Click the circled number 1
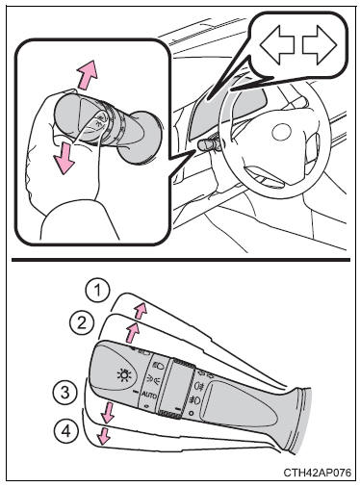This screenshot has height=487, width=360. [98, 292]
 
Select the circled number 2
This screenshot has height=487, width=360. [82, 322]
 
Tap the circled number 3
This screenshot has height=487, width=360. [65, 392]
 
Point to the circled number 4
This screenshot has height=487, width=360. [66, 431]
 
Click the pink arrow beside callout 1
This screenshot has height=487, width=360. [141, 310]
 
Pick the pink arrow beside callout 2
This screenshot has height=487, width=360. [132, 332]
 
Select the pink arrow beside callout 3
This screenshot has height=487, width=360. [107, 412]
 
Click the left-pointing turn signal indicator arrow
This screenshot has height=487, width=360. [277, 44]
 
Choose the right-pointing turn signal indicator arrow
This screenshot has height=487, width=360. [320, 45]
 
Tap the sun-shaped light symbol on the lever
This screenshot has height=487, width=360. [124, 375]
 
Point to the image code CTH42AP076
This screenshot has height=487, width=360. [318, 473]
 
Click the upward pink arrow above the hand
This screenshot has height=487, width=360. [87, 74]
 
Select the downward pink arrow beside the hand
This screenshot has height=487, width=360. [64, 158]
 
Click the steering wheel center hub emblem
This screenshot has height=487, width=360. [281, 132]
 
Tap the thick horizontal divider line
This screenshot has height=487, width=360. [181, 260]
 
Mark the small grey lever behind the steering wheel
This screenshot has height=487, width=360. [209, 145]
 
